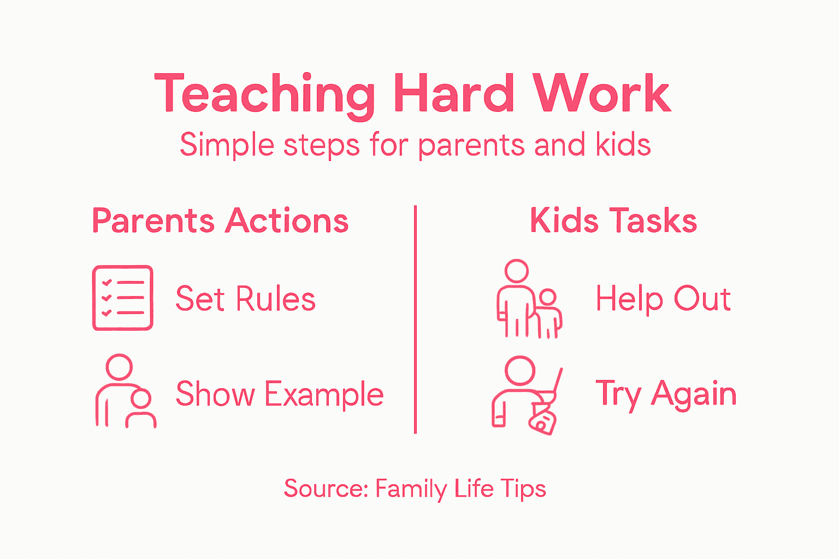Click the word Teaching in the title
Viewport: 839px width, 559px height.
click(264, 94)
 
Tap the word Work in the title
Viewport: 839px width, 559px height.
click(601, 94)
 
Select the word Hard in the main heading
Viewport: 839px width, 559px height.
click(453, 94)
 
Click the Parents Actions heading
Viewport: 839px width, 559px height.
click(220, 221)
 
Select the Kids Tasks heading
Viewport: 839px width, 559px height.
click(613, 221)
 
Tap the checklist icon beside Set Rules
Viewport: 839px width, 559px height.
click(122, 298)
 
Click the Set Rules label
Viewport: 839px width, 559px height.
click(245, 299)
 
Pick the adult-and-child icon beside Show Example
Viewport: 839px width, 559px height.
click(125, 391)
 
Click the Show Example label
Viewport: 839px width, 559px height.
click(279, 394)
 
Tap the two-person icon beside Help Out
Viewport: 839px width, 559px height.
click(529, 299)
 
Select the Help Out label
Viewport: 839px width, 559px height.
click(663, 299)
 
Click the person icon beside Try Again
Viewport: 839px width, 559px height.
click(525, 395)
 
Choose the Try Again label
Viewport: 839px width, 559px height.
click(666, 394)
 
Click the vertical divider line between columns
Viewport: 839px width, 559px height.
click(416, 319)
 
